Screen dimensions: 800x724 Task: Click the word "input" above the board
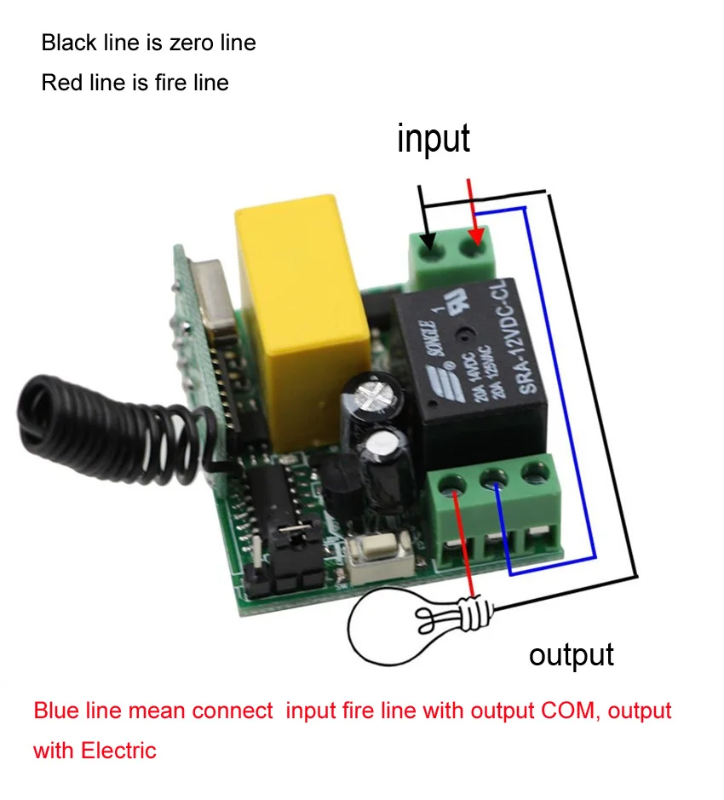pyautogui.click(x=433, y=139)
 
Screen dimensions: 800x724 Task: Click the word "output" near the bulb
pyautogui.click(x=571, y=654)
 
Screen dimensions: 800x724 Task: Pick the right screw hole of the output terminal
pyautogui.click(x=534, y=469)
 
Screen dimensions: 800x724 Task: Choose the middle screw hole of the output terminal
pyautogui.click(x=494, y=478)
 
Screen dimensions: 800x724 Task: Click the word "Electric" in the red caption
pyautogui.click(x=119, y=751)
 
